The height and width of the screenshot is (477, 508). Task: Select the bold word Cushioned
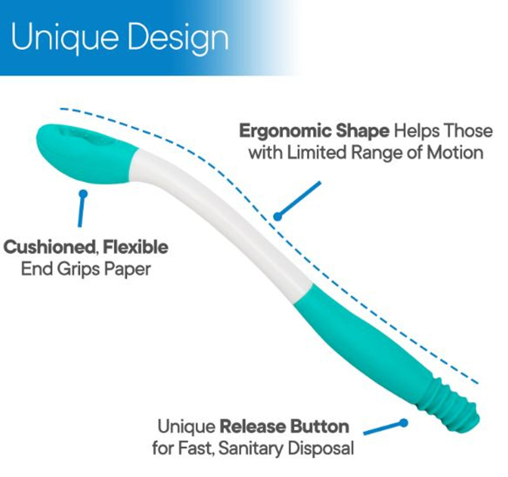49,247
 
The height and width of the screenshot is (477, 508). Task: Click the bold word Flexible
136,247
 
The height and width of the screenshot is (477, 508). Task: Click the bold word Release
252,427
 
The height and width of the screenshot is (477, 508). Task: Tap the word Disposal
321,449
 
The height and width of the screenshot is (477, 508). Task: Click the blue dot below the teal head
83,194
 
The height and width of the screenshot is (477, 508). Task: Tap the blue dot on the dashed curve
277,216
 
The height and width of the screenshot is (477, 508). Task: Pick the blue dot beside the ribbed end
403,423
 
